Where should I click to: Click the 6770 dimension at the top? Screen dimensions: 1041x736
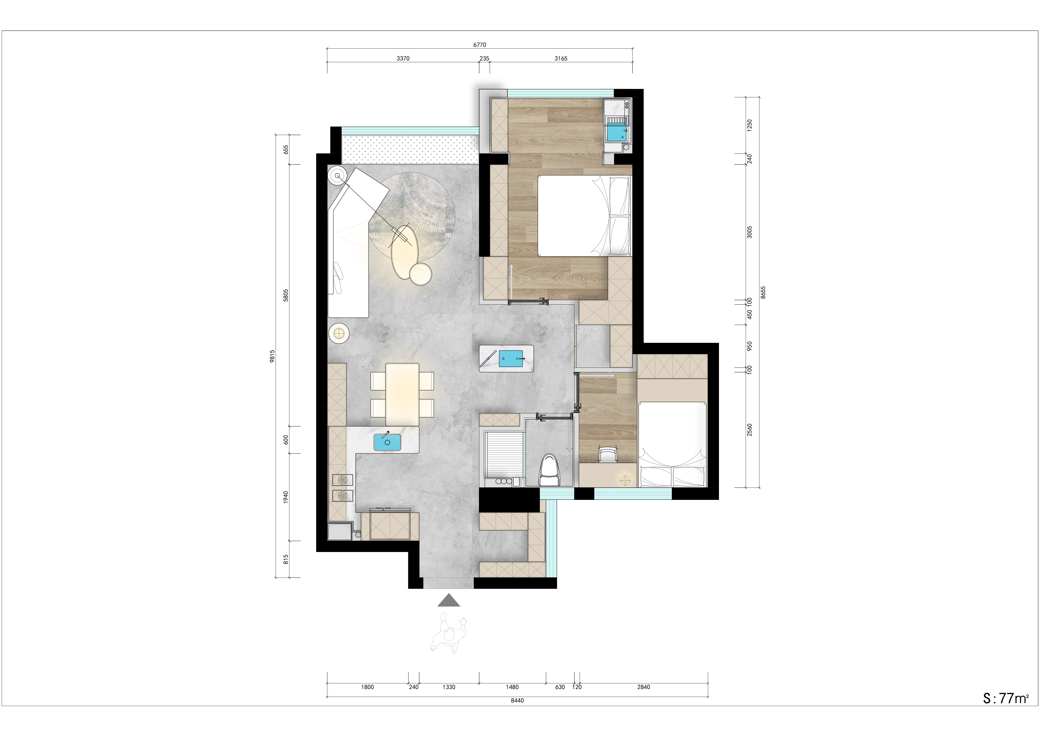[480, 45]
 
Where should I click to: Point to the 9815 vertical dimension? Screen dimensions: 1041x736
[272, 356]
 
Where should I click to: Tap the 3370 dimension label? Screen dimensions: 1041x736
[403, 59]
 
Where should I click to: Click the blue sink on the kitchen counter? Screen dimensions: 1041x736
[387, 442]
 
